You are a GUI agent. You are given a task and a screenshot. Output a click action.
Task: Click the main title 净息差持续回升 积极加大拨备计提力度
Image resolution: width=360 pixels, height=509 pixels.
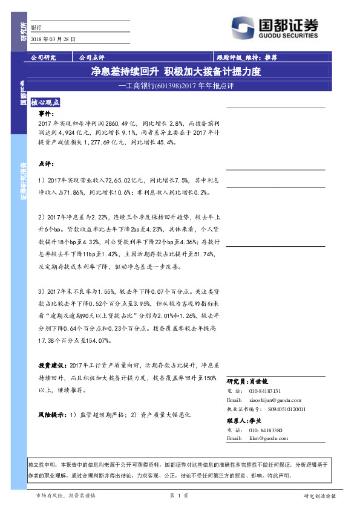tap(175, 72)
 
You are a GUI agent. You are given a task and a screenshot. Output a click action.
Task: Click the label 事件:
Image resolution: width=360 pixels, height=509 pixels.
tap(45, 114)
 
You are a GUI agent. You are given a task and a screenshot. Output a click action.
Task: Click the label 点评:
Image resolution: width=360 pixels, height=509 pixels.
tap(45, 163)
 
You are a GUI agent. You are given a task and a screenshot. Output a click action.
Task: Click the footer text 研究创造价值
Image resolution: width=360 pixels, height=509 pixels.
tap(319, 496)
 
